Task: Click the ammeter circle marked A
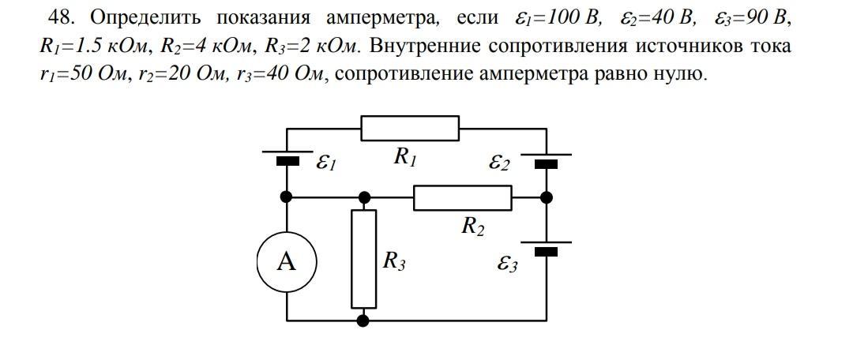point(286,261)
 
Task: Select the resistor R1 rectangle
point(410,128)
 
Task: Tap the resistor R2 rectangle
point(462,197)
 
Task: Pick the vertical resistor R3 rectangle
point(363,259)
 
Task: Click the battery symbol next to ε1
point(287,158)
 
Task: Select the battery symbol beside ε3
point(546,247)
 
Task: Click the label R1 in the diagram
point(405,157)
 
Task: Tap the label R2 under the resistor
point(472,227)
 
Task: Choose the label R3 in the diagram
point(394,261)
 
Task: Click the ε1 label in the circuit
point(326,163)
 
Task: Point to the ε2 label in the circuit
point(499,163)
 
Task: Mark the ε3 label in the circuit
point(507,264)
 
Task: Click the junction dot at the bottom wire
point(363,321)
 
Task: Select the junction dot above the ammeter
point(287,197)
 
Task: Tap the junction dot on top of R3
point(363,197)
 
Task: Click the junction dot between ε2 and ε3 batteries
point(546,197)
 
